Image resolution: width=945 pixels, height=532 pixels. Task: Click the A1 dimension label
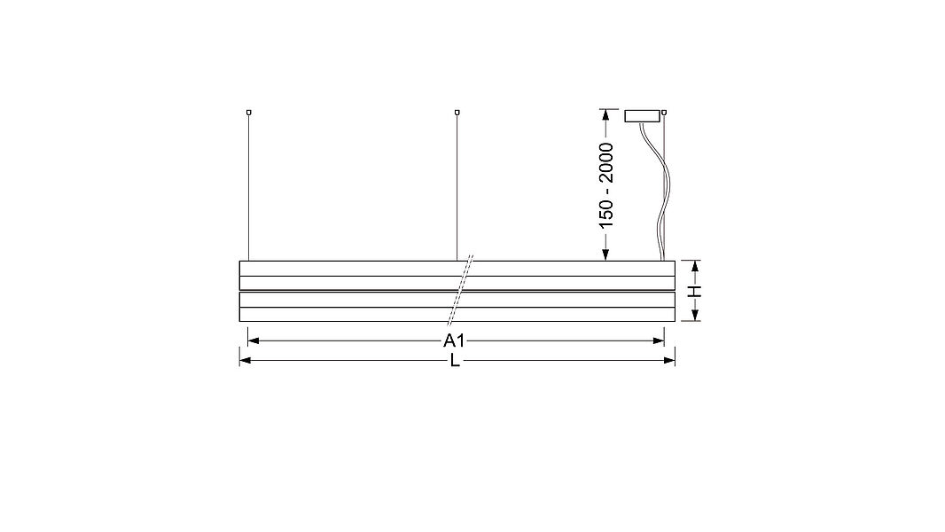coord(454,341)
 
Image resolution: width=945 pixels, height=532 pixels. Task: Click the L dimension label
coord(455,361)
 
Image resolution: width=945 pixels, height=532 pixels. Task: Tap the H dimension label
coord(696,292)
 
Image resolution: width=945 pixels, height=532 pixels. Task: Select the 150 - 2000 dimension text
coord(606,185)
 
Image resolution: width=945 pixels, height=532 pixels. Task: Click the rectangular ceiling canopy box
coord(643,116)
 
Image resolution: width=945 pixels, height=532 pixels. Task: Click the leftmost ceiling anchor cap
coord(248,112)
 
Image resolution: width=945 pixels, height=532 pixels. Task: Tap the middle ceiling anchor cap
coord(457,112)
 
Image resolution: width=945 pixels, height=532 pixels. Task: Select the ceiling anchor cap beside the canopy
coord(664,112)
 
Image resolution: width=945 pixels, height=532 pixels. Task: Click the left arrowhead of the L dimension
coord(246,361)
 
